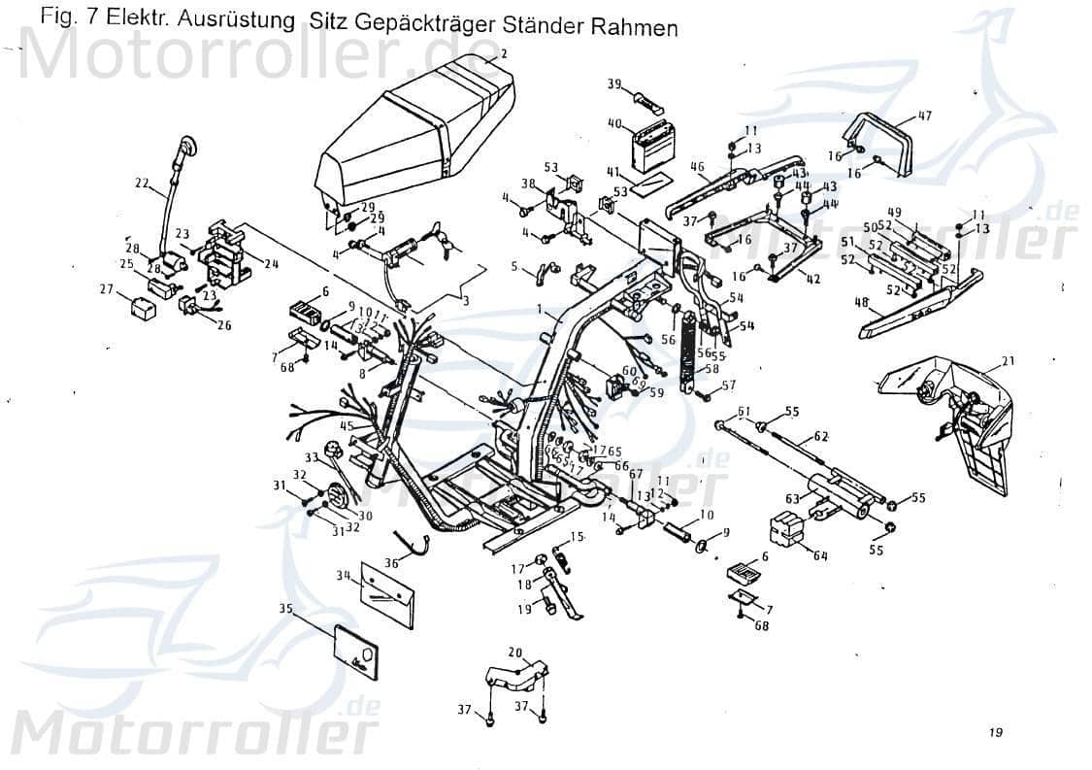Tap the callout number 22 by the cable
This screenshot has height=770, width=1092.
[143, 182]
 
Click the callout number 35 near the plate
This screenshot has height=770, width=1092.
[284, 609]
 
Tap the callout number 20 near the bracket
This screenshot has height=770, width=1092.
[514, 653]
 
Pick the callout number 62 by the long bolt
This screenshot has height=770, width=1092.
[820, 436]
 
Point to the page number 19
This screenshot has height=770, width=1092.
[996, 732]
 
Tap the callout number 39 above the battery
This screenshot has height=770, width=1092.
[614, 84]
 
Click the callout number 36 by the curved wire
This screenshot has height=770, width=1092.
[390, 562]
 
